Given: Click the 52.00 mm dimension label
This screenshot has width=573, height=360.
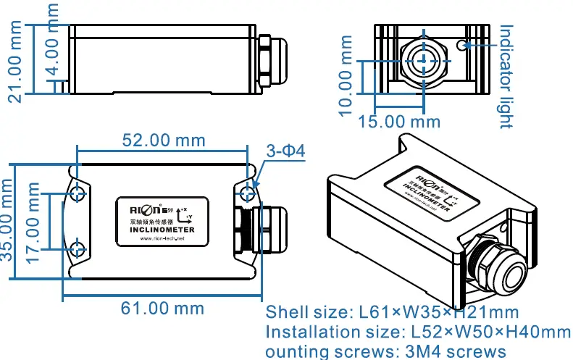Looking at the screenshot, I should (x=162, y=139).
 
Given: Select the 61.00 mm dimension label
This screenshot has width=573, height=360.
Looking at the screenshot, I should (x=162, y=308).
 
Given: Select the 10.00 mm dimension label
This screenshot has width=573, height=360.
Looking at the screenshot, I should (x=347, y=76).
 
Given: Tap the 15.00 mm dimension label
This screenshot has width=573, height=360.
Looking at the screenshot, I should (x=399, y=121).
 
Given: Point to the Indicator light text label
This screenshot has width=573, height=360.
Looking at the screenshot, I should (x=506, y=76).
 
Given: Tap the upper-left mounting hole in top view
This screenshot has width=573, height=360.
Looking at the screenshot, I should (x=78, y=193).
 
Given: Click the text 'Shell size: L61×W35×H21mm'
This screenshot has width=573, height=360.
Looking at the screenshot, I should (x=392, y=313).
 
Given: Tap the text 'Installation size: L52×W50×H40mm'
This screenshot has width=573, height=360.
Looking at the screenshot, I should (x=418, y=332).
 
